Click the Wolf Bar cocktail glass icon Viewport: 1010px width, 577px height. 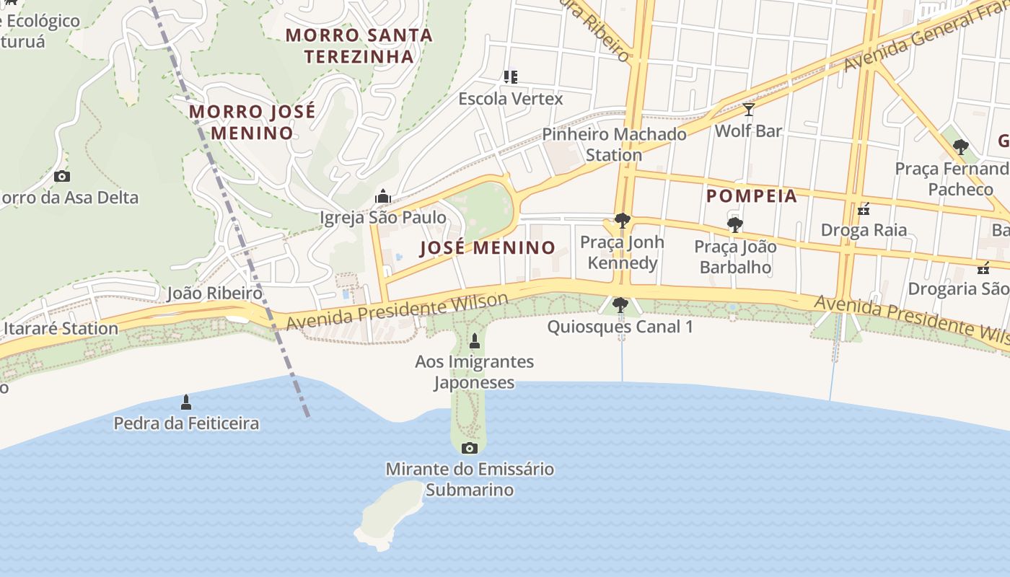click(x=748, y=110)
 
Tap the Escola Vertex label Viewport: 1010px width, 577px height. click(x=510, y=98)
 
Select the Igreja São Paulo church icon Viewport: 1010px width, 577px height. click(x=382, y=196)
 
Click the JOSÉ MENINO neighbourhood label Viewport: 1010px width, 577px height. click(x=488, y=248)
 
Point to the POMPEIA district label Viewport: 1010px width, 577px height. click(x=751, y=196)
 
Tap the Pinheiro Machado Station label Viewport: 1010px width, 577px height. click(x=614, y=144)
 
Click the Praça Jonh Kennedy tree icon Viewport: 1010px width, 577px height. click(x=622, y=221)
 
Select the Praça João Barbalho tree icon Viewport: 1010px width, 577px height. click(x=734, y=225)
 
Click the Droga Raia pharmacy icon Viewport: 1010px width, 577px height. click(x=863, y=210)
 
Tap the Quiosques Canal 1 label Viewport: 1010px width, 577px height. click(x=620, y=327)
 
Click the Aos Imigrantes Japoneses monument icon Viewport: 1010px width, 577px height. click(x=475, y=340)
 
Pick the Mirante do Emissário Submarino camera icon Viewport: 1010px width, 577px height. click(x=469, y=448)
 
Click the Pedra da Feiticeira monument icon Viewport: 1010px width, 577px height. click(x=186, y=402)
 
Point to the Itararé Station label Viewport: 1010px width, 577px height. click(x=61, y=329)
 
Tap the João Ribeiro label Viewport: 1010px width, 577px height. click(x=214, y=293)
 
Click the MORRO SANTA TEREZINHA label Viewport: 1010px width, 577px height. click(x=359, y=45)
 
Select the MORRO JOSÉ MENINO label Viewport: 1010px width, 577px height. click(x=252, y=122)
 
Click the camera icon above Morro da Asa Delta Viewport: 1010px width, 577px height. click(x=62, y=176)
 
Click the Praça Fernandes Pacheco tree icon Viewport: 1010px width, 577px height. click(x=959, y=148)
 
